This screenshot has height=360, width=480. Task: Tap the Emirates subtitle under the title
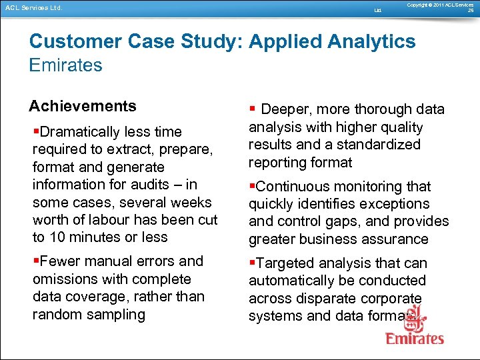(x=65, y=65)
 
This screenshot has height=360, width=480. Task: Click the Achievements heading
(x=83, y=106)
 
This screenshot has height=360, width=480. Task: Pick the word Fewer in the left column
(x=59, y=261)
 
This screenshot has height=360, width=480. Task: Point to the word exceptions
(x=396, y=204)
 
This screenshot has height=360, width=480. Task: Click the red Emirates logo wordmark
(x=415, y=338)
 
